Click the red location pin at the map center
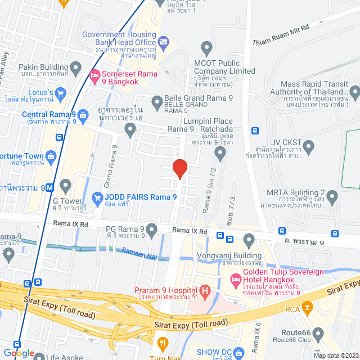tap(179, 168)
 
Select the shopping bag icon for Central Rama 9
tap(83, 116)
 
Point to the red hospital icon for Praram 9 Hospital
tap(205, 291)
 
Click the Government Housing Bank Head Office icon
tap(164, 41)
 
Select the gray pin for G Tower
tap(66, 186)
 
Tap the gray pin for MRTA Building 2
tap(332, 196)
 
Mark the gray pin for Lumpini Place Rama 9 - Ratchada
tap(220, 152)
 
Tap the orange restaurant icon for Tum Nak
tap(163, 342)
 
